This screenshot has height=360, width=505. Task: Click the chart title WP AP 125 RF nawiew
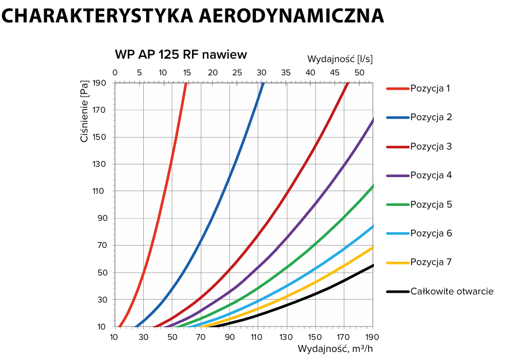point(181,55)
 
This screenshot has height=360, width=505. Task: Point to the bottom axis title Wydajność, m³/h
point(336,348)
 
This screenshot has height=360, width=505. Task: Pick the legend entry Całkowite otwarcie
point(452,292)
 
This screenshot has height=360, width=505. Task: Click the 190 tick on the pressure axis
point(100,83)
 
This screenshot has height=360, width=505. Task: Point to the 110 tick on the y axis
point(100,192)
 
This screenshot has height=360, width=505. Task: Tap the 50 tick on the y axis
point(102,273)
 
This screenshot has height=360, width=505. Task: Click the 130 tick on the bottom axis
point(286,337)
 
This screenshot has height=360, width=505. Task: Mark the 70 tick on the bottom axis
point(201,337)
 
